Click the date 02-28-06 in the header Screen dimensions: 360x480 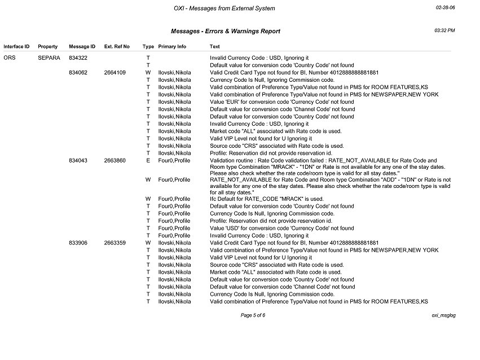(x=445, y=8)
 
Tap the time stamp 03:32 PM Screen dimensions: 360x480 (x=445, y=30)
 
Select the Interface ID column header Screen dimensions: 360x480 (x=16, y=46)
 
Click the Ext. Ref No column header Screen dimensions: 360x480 (x=117, y=46)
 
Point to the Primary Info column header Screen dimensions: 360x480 (x=172, y=46)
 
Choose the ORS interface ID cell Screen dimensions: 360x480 (x=9, y=58)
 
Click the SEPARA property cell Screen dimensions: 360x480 (x=49, y=58)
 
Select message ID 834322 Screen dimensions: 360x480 (x=78, y=58)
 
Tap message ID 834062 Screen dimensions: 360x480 (x=78, y=72)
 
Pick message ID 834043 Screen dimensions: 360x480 (x=78, y=160)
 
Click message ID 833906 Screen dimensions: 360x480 (x=78, y=243)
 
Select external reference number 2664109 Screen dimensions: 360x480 (x=115, y=72)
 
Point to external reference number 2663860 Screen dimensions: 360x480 (x=115, y=160)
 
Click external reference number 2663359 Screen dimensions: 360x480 (x=115, y=243)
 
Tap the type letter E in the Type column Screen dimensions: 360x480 (x=148, y=160)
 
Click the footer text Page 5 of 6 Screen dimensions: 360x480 (x=253, y=315)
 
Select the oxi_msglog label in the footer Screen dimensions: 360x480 (x=443, y=315)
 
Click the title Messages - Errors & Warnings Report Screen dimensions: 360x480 (x=225, y=31)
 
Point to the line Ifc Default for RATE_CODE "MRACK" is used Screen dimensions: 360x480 (x=266, y=199)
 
